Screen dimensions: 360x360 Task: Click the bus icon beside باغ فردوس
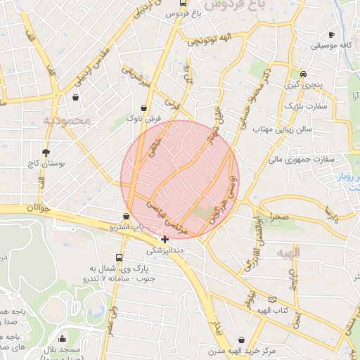[184, 3]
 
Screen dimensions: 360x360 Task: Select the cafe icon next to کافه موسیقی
[331, 34]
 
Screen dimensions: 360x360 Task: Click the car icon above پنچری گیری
[303, 74]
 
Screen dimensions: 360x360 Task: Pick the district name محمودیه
[67, 120]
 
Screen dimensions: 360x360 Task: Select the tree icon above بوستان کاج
[46, 152]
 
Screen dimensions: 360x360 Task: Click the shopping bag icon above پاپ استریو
[126, 217]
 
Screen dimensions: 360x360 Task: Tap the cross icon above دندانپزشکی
[165, 239]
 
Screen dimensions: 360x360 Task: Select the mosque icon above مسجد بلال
[63, 339]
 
